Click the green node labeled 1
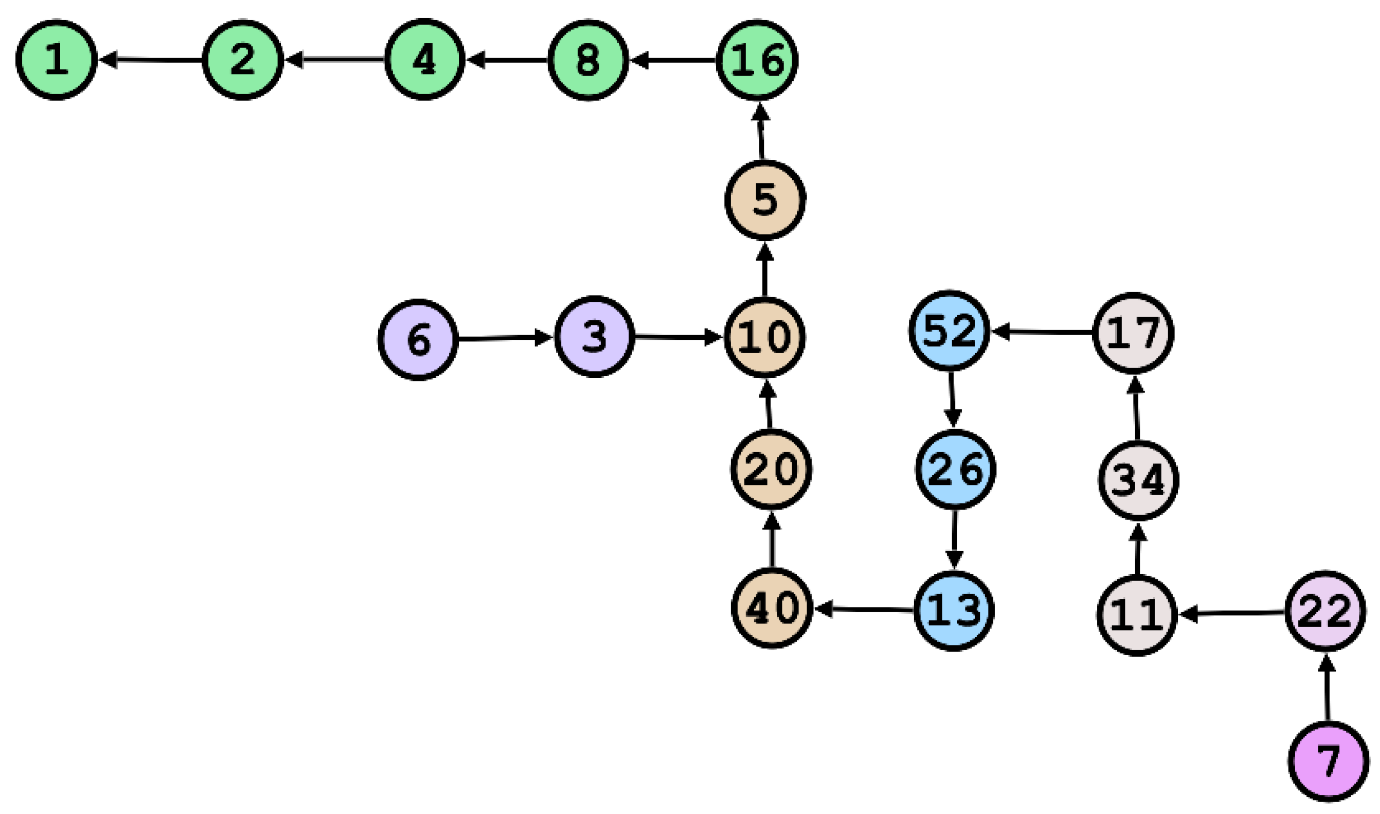click(57, 60)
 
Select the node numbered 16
click(757, 60)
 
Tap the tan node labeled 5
click(765, 200)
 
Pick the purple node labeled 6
click(418, 339)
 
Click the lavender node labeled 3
click(595, 336)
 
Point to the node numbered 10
click(765, 337)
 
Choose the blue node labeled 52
click(950, 331)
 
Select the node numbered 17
click(1133, 333)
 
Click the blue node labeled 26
click(956, 470)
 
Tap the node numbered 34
click(1139, 481)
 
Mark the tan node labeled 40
click(772, 608)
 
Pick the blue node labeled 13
click(954, 611)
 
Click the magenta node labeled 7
click(1329, 762)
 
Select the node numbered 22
click(1326, 611)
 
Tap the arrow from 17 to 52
click(1041, 332)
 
